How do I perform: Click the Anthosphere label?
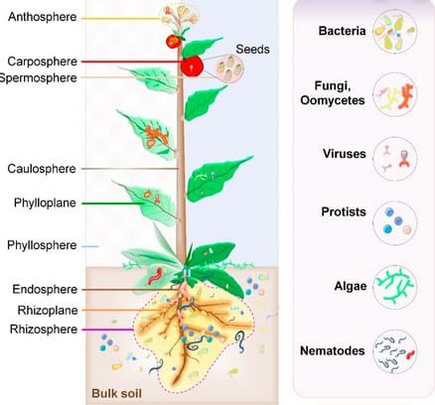point(43,17)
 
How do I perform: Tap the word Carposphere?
point(43,62)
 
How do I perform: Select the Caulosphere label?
point(42,169)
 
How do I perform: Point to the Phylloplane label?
point(45,202)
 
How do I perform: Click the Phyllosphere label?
point(42,245)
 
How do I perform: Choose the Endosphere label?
point(45,290)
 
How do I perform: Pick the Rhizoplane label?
point(48,311)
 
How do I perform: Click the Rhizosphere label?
point(44,330)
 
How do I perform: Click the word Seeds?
point(252,50)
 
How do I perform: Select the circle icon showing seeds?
point(229,68)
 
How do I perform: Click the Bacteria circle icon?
point(395,32)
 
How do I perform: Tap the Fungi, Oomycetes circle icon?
point(395,94)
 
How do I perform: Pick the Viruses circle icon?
point(395,159)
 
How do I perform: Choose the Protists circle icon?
point(395,223)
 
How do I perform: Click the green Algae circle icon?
point(395,287)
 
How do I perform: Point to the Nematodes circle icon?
point(395,351)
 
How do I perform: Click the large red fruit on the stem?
point(192,67)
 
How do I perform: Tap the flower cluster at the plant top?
point(179,15)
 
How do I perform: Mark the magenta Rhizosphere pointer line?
point(107,330)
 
